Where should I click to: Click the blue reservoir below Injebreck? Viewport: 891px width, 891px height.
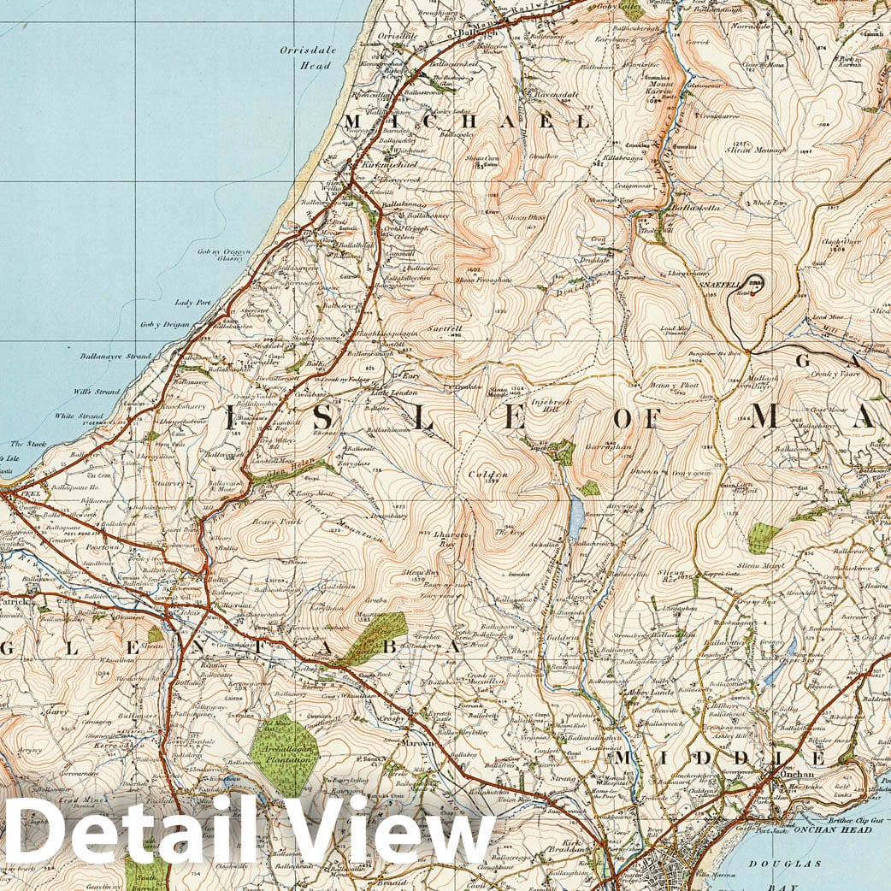(x=576, y=516)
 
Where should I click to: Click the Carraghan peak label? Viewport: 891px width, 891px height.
(x=608, y=446)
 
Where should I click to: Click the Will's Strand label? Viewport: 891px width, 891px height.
(x=96, y=392)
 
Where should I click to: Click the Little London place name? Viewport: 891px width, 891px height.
(x=392, y=392)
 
